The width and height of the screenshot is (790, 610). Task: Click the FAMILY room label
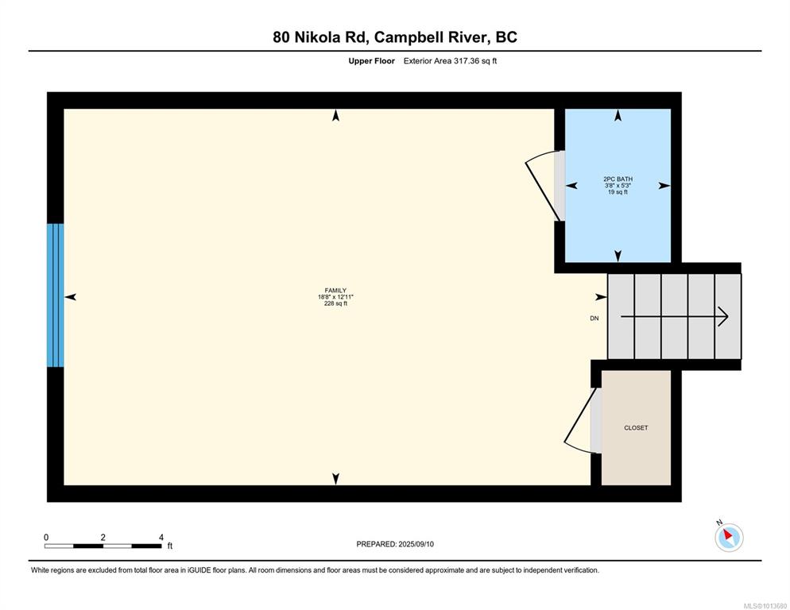[335, 290]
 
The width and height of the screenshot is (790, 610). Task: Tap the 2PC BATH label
[618, 179]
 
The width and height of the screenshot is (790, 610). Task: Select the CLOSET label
[636, 427]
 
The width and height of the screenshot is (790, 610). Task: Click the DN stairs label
[594, 319]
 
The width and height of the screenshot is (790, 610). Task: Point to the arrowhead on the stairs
[724, 316]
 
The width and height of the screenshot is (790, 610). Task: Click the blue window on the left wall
[56, 295]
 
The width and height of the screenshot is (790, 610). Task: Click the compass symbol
[729, 536]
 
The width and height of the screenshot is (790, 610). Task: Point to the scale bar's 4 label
[161, 538]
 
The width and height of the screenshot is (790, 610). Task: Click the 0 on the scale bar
[46, 538]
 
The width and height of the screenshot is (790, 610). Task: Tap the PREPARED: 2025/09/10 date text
[395, 544]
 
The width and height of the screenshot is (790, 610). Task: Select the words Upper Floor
[371, 61]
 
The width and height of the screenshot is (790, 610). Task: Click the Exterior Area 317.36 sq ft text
[450, 61]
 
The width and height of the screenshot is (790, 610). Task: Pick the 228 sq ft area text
[335, 303]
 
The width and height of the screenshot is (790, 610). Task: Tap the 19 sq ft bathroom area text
[618, 192]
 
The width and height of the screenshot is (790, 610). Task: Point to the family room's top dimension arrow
[335, 116]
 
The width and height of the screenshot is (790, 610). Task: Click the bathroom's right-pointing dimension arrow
[664, 185]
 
